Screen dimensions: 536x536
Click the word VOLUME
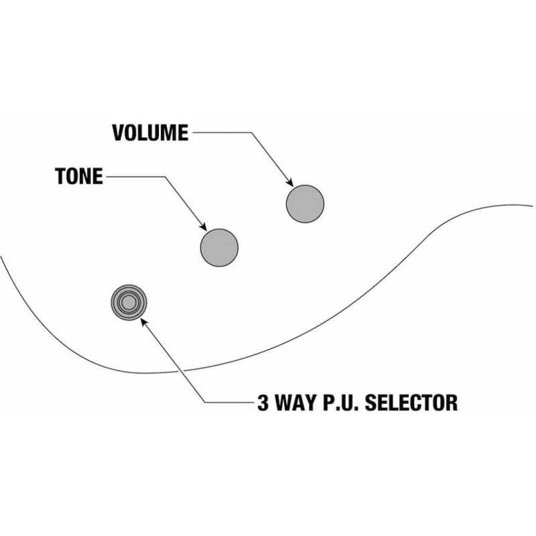(x=150, y=133)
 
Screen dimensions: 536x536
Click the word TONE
(x=79, y=176)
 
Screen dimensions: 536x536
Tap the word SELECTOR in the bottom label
(x=411, y=403)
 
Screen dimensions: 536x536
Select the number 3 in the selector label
(x=263, y=403)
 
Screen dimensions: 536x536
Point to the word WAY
(x=296, y=403)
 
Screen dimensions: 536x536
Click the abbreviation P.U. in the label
(x=341, y=403)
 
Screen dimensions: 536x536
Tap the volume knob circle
(x=305, y=204)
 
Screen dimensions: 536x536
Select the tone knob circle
(x=219, y=247)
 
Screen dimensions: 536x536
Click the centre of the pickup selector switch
(x=129, y=303)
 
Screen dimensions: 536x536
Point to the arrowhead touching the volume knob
(x=290, y=183)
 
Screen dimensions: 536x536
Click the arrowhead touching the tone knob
(x=204, y=226)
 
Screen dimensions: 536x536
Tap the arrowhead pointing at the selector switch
(x=144, y=322)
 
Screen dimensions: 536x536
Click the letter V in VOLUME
(x=118, y=133)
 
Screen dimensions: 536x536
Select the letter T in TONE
(x=60, y=176)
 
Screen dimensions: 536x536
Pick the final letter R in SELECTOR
(x=452, y=403)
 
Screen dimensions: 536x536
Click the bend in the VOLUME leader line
(x=252, y=133)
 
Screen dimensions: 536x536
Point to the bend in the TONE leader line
(x=165, y=177)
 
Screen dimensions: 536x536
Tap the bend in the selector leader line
(x=205, y=403)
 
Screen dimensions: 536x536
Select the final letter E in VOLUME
(x=183, y=133)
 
